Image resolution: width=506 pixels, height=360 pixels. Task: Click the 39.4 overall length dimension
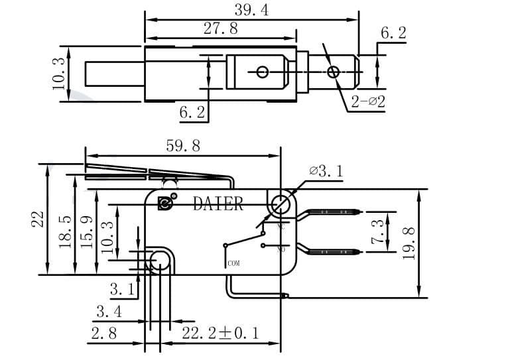point(252,9)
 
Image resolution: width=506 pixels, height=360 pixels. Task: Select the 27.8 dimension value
point(219,29)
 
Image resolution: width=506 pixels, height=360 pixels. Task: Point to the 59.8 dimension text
point(183,146)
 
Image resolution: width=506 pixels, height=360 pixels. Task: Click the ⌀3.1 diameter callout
point(326,172)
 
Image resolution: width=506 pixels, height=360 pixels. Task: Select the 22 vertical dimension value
point(38,219)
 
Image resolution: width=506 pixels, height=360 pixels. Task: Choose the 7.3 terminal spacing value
point(378,232)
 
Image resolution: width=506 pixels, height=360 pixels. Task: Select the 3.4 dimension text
point(109,311)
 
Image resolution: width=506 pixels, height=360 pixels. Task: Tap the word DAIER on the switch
point(218,204)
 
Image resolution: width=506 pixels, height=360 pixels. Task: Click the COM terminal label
point(233,263)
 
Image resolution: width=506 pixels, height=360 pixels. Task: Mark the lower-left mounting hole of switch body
point(160,263)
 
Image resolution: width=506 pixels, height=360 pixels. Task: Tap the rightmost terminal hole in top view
point(333,72)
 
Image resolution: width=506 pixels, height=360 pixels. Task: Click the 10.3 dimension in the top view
point(58,74)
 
